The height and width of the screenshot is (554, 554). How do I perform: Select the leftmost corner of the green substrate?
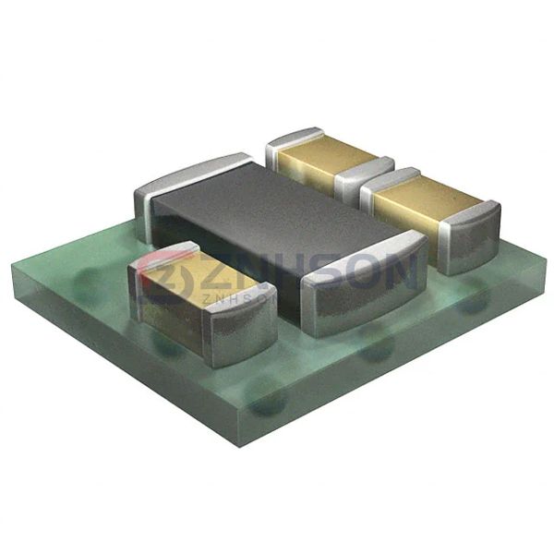(13, 268)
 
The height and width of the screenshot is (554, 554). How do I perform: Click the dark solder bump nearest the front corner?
(268, 402)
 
